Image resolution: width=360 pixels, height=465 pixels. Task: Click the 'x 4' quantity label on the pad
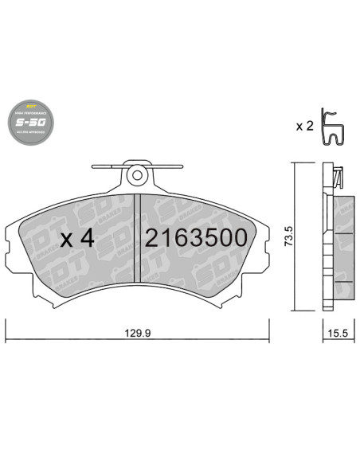(78, 238)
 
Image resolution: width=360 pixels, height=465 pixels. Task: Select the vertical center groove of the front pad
(139, 237)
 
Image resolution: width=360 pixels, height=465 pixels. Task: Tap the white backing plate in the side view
(327, 239)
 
